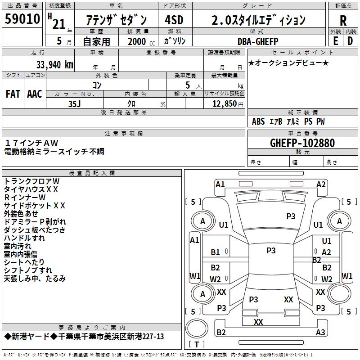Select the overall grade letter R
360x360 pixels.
pos(343,20)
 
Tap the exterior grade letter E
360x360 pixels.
pos(335,40)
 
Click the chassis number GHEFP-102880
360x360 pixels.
pos(302,143)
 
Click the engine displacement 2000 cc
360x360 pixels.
pos(141,41)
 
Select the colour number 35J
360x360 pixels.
pos(75,103)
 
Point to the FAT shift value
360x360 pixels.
pos(13,94)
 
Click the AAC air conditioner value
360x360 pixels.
pos(35,94)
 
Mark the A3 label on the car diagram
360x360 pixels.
pos(320,333)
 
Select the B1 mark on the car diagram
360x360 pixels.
pos(216,252)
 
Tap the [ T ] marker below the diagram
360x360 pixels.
pos(197,344)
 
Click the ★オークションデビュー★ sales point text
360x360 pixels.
pos(288,63)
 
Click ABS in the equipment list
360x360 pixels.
pos(258,121)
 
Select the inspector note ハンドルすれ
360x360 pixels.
pos(24,238)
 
